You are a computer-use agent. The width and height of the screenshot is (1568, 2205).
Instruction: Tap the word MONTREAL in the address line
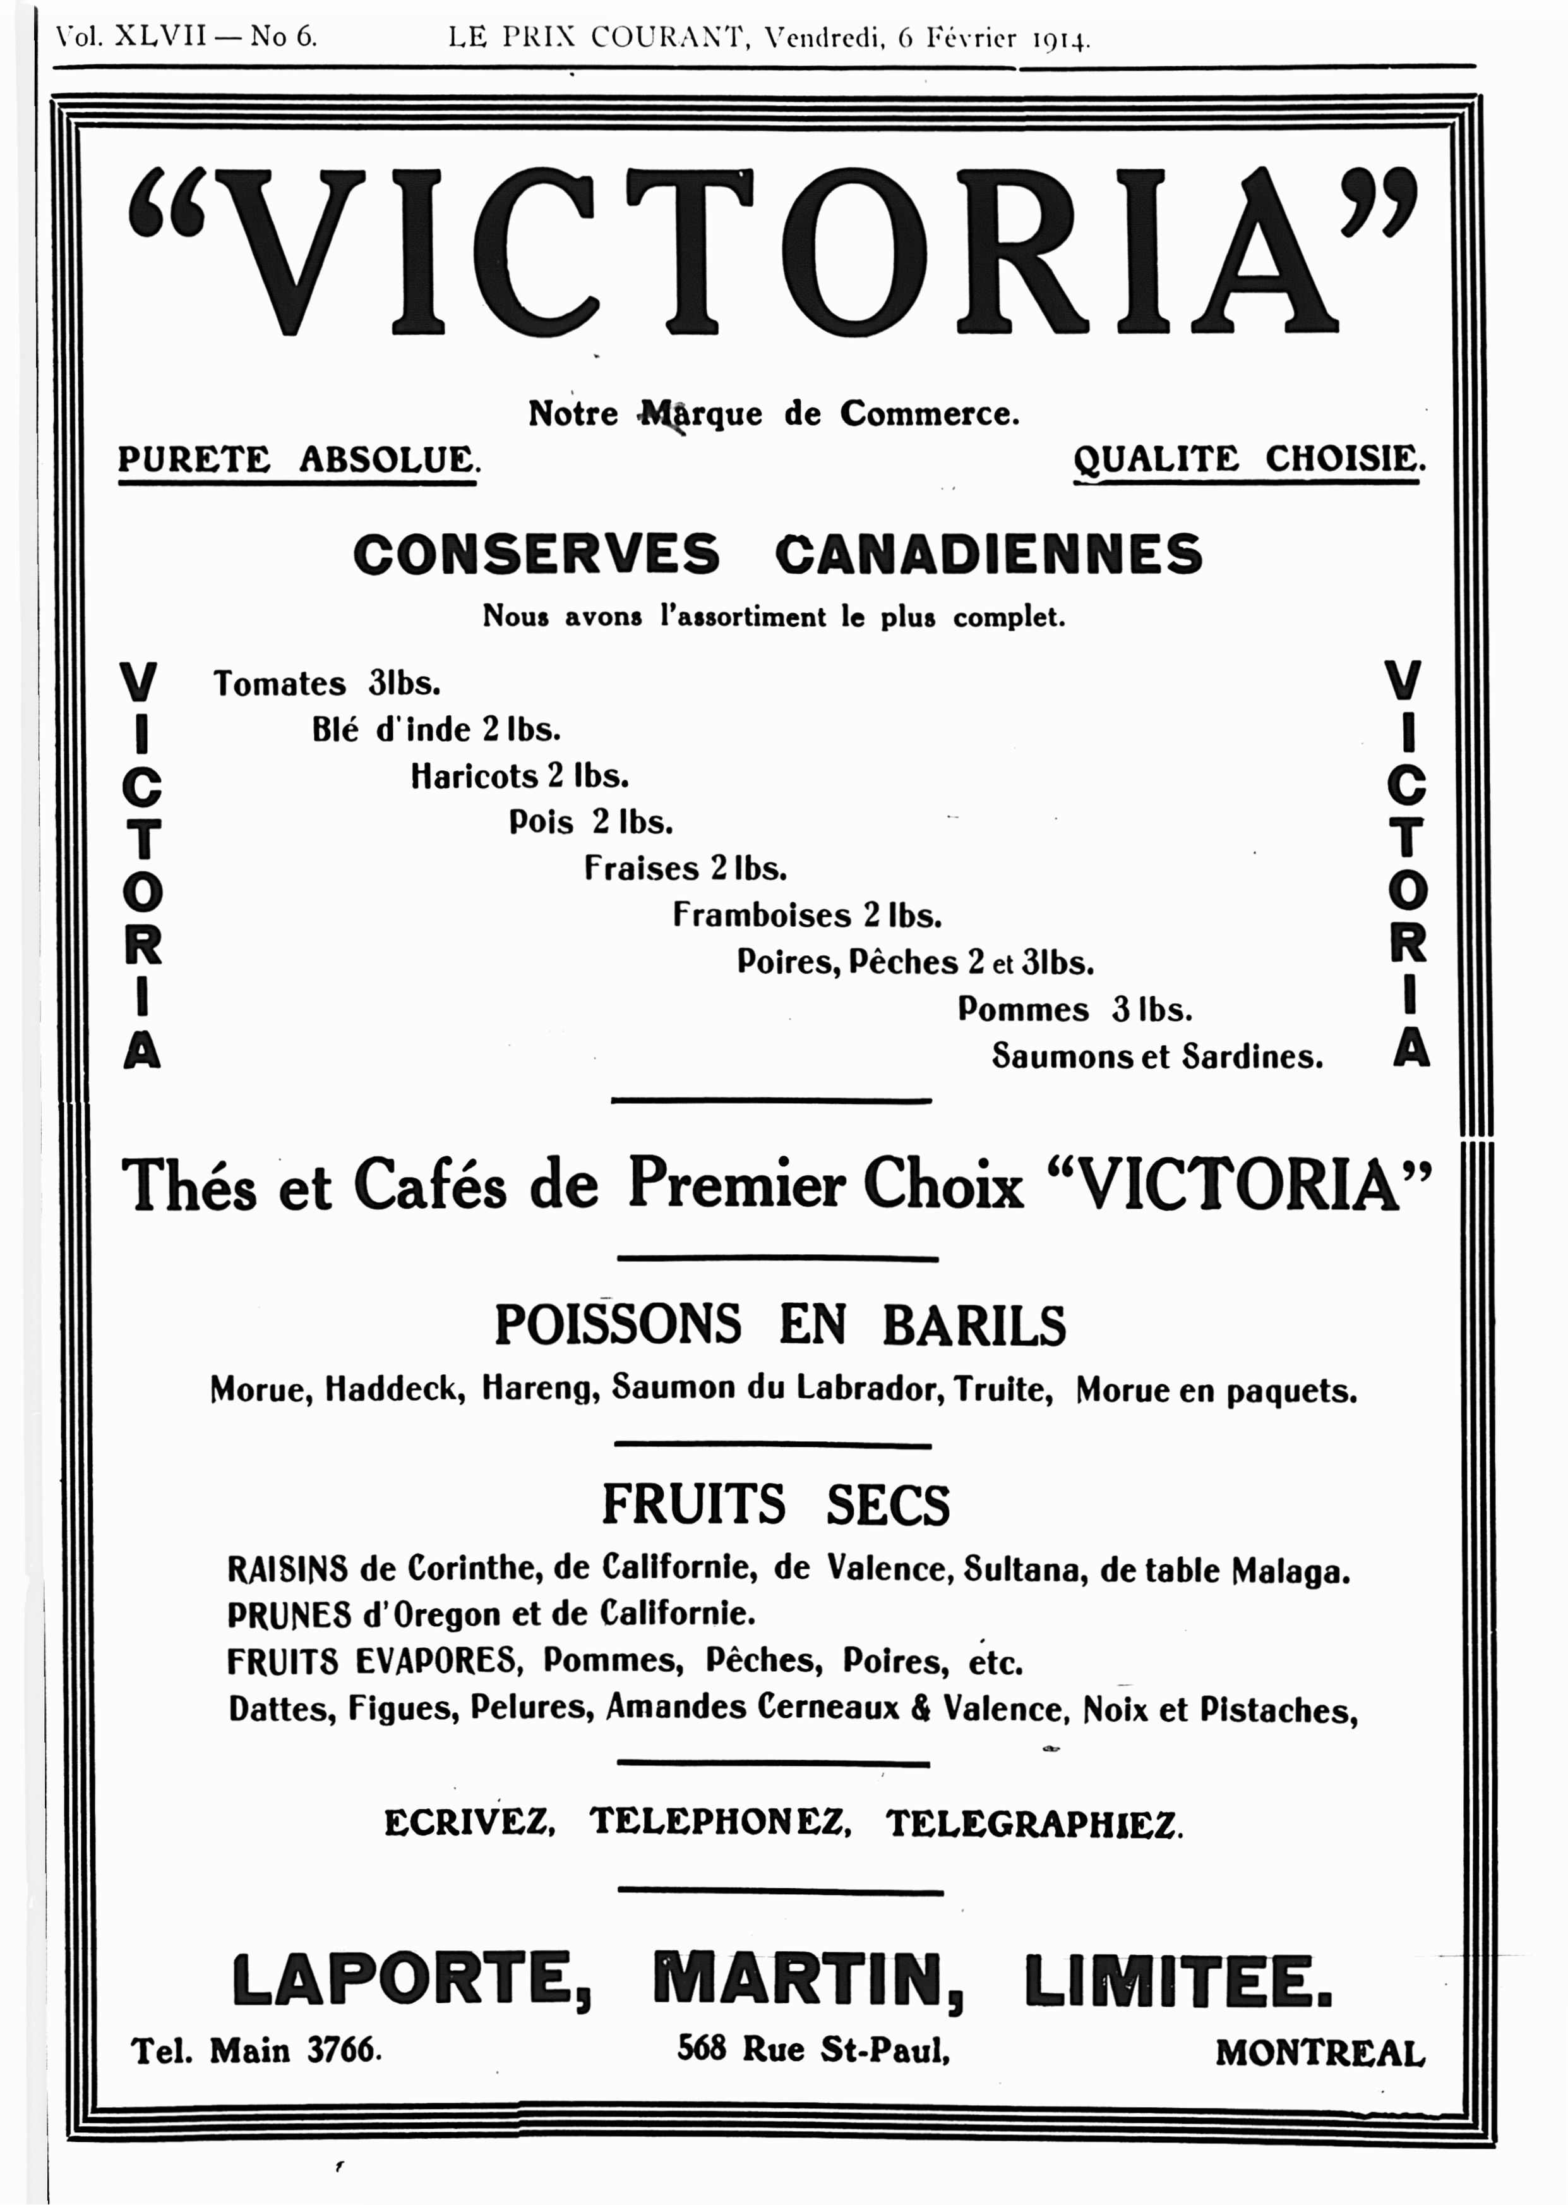(1319, 2053)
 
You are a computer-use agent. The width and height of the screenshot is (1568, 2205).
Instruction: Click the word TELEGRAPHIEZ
(1034, 1823)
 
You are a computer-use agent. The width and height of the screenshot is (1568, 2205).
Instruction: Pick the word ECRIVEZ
(469, 1823)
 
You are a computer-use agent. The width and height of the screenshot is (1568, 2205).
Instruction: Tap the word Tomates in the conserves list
(279, 684)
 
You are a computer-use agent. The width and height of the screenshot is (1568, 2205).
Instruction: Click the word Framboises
(762, 915)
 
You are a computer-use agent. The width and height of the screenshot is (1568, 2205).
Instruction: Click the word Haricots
(474, 776)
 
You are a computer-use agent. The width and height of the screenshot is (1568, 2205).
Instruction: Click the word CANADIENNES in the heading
(989, 554)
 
